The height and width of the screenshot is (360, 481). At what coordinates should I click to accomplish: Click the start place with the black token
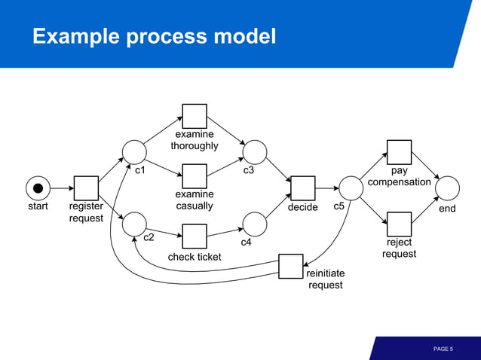[x=38, y=188]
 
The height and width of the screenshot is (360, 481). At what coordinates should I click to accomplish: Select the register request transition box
[x=86, y=188]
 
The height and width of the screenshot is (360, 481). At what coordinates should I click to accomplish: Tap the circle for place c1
[x=134, y=151]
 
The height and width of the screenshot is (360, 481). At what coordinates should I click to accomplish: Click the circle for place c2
[x=134, y=224]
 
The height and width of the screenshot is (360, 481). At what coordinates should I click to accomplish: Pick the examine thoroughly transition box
[x=195, y=116]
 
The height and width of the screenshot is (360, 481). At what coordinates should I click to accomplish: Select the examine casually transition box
[x=195, y=175]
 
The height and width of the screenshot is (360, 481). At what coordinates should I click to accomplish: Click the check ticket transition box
[x=195, y=236]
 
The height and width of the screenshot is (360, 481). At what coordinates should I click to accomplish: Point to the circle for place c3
[x=255, y=151]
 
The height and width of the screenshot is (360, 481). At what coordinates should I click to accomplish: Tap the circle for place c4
[x=255, y=224]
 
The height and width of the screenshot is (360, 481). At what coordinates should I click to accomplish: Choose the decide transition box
[x=303, y=188]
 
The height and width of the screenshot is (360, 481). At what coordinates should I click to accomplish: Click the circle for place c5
[x=351, y=188]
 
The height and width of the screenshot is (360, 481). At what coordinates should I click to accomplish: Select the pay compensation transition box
[x=399, y=152]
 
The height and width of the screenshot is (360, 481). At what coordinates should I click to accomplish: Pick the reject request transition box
[x=399, y=224]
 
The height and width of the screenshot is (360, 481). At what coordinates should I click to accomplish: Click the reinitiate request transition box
[x=291, y=266]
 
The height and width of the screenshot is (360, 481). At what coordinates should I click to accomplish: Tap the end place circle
[x=447, y=188]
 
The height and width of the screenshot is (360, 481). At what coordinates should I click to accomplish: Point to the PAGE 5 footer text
[x=443, y=349]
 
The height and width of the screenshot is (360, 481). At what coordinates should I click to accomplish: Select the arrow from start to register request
[x=62, y=188]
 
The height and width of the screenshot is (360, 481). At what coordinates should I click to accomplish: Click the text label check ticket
[x=195, y=257]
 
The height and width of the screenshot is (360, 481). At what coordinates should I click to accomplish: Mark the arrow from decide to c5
[x=326, y=188]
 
